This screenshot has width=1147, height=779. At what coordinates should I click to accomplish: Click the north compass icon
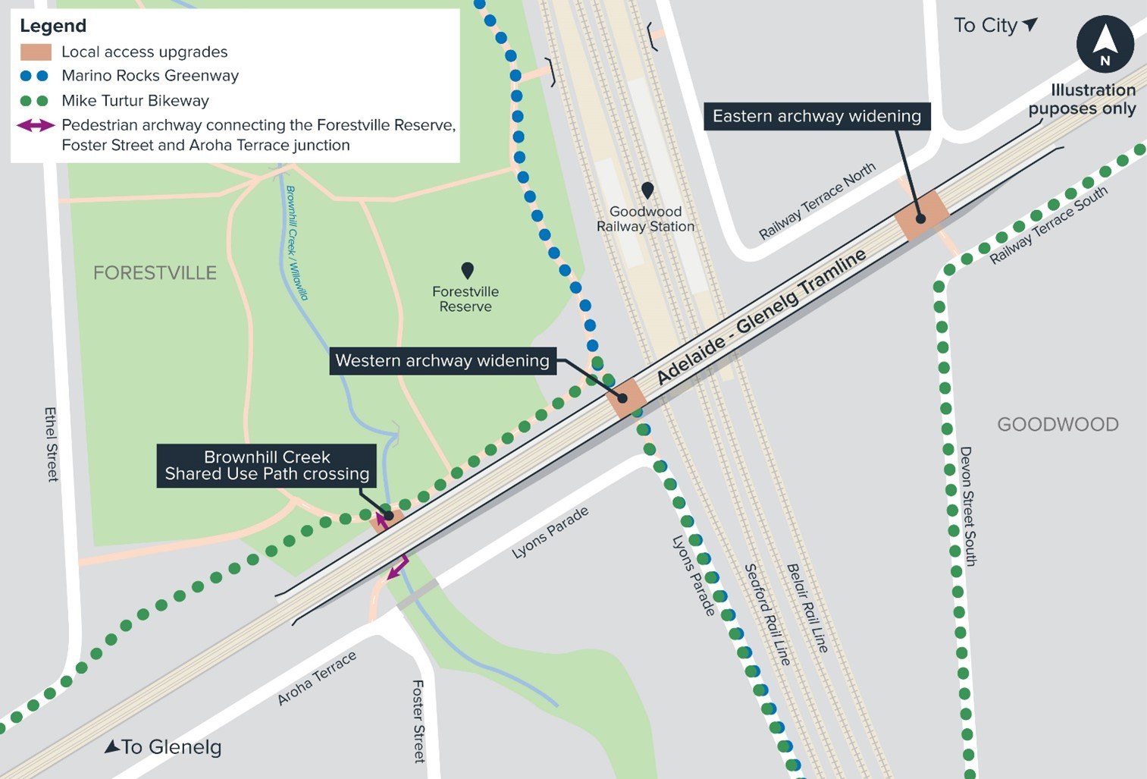coord(1105,44)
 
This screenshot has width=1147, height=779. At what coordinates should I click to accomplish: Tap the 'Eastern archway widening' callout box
coord(816,116)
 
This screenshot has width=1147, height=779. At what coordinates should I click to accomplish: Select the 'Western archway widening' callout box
coord(442,360)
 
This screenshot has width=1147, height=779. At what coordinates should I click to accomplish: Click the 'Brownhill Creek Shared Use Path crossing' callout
coord(267,466)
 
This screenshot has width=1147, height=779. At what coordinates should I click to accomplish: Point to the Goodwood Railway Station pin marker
coord(647,190)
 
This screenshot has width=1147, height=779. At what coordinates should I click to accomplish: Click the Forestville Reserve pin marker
coord(467,270)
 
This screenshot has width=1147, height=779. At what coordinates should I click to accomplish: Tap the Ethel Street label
coord(51,444)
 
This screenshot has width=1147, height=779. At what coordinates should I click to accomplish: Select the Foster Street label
coord(418,721)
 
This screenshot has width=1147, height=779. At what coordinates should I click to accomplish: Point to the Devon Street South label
coord(968,506)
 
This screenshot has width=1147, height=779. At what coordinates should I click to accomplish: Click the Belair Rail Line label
coord(807,608)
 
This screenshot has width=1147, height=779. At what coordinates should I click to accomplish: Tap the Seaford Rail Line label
coord(766,614)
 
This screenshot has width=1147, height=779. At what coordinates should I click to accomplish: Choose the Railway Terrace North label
coord(817,200)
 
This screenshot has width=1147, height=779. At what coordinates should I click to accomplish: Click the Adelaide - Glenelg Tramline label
coord(761,317)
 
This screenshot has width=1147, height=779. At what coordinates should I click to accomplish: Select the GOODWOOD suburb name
coord(1058,424)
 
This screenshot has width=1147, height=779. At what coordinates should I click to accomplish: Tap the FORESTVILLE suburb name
coord(155,273)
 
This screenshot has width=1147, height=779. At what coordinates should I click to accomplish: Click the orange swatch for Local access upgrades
coord(36,52)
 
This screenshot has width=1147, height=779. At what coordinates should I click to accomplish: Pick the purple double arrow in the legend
coord(36,125)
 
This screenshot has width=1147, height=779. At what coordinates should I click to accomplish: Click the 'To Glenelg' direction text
coord(163,747)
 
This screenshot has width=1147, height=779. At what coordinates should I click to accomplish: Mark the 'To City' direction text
coord(994,26)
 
